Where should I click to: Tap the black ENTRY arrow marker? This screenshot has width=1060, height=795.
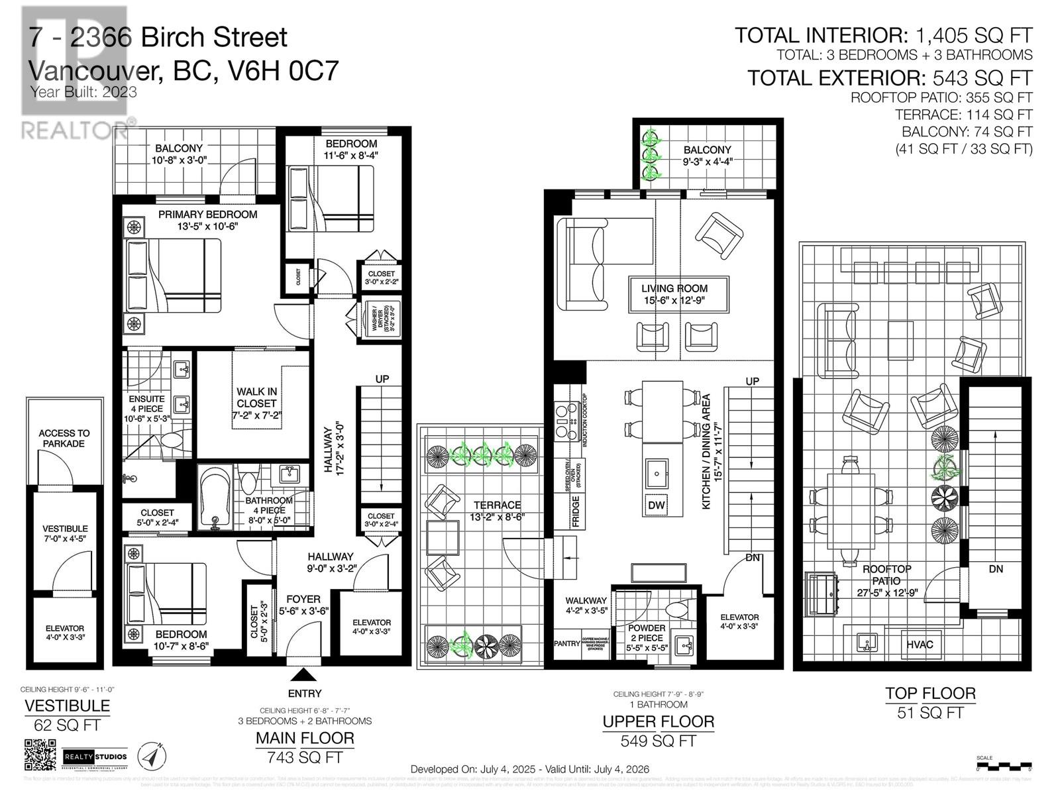coord(304,675)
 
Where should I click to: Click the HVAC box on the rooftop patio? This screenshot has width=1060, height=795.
coord(920,644)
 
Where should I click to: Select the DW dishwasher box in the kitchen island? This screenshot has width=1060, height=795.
coord(656,505)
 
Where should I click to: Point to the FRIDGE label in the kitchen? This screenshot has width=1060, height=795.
coord(576,511)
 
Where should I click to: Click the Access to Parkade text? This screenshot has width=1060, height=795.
coord(64,438)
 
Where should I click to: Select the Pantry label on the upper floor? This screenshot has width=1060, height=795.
coord(566,643)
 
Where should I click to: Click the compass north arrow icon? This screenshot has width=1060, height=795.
coord(152,756)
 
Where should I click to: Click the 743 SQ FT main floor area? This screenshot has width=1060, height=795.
coord(305,757)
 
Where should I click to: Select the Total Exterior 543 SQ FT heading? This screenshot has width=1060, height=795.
coord(890,78)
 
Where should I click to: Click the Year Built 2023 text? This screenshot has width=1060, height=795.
coord(83,92)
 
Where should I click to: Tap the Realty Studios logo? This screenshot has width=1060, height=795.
coord(94,757)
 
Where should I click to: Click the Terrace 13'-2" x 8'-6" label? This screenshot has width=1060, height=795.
coord(497,510)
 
